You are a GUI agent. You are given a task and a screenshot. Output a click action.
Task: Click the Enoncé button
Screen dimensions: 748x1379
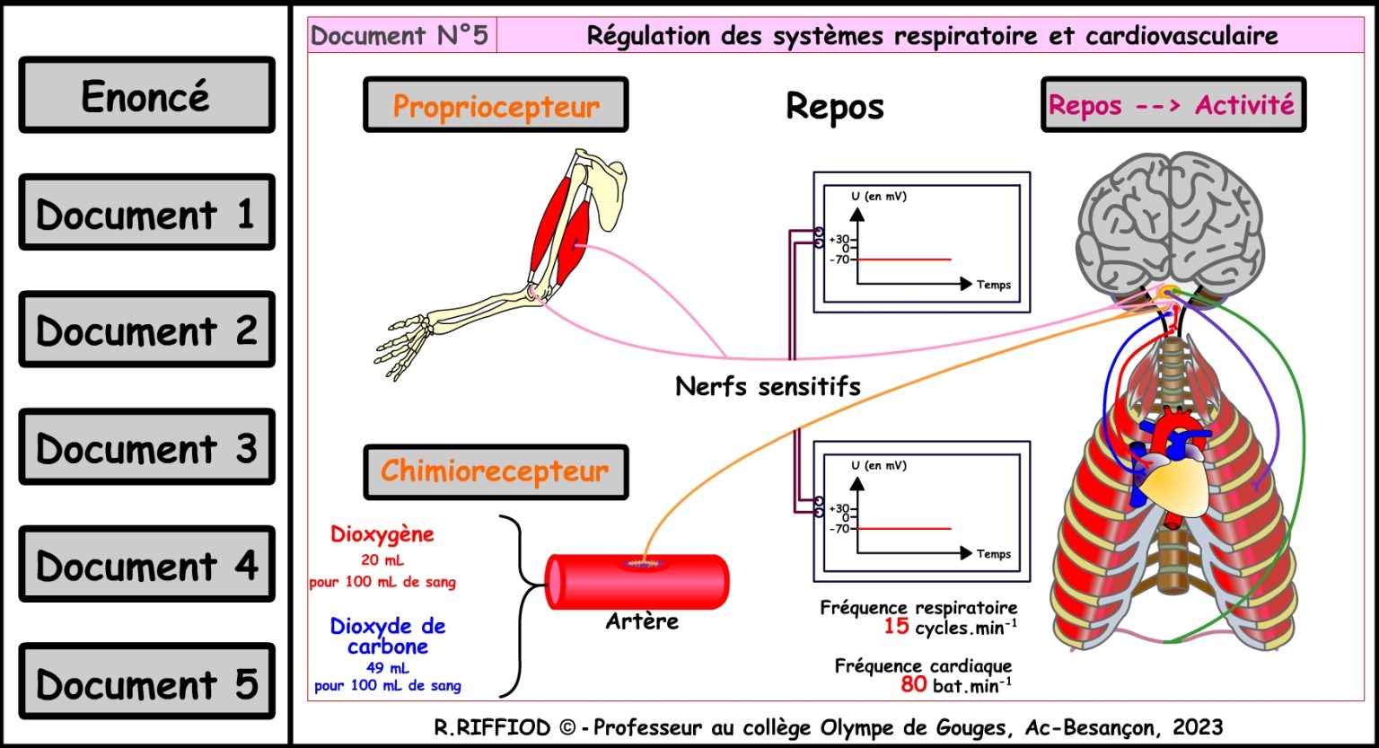[x=146, y=96]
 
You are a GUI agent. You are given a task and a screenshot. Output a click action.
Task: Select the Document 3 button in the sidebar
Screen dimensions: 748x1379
[x=146, y=448]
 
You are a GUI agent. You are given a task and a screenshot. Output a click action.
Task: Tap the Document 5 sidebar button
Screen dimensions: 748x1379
[x=146, y=683]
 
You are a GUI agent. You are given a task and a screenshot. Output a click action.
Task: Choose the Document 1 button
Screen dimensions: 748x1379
[x=146, y=214]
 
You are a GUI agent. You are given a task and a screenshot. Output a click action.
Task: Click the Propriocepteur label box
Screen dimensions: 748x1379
[x=496, y=106]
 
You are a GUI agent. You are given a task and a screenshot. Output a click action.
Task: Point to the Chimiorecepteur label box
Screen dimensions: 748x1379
[x=496, y=471]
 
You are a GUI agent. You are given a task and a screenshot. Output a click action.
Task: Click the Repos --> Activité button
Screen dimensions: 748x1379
[x=1173, y=105]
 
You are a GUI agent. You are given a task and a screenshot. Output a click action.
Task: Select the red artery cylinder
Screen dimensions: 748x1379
[x=637, y=581]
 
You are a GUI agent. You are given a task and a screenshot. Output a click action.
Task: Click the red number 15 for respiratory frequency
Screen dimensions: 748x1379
[x=896, y=627]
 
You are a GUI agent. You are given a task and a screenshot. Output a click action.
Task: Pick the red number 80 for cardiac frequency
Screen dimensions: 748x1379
[x=913, y=684]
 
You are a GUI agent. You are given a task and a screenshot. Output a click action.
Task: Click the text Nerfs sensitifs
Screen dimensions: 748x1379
[x=768, y=387]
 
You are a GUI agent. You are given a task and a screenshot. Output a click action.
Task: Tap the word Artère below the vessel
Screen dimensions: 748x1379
[x=642, y=620]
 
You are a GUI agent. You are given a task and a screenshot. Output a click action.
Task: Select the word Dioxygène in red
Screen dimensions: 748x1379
[x=382, y=534]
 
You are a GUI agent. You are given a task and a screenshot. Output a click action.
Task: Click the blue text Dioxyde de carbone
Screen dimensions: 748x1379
[x=388, y=636]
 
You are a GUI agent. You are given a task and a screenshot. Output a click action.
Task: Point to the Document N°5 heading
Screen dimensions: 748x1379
[x=400, y=36]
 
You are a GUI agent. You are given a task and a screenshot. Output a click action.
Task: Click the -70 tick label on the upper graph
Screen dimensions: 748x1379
[x=839, y=260]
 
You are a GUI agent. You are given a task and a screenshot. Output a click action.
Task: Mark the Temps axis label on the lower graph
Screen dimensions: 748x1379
[x=994, y=554]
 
